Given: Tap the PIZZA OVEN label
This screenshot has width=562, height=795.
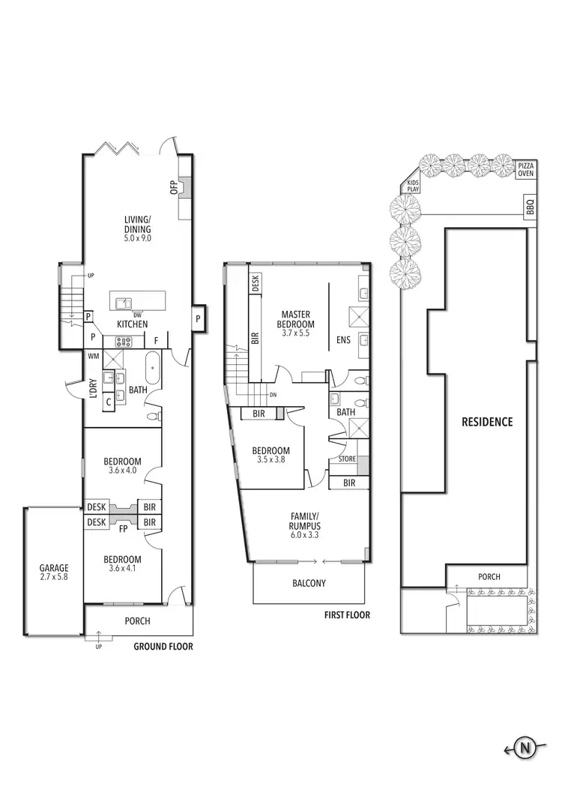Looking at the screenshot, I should click(527, 169).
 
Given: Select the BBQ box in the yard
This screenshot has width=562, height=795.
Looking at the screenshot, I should click(530, 206).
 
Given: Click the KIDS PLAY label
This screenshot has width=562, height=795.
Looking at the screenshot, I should click(413, 186).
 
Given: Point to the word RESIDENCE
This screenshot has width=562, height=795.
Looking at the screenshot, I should click(487, 422).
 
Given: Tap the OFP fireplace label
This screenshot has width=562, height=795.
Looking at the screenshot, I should click(173, 187).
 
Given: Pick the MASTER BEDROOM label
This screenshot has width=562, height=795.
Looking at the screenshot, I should click(297, 319).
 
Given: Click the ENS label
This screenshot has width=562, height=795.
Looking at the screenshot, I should click(342, 339).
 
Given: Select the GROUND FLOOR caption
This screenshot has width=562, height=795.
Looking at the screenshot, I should click(163, 646).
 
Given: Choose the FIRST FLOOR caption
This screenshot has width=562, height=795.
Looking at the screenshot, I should click(347, 615).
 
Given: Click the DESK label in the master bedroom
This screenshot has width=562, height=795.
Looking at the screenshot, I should click(256, 283).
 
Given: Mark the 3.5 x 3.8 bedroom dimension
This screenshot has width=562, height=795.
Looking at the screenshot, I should click(271, 461).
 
